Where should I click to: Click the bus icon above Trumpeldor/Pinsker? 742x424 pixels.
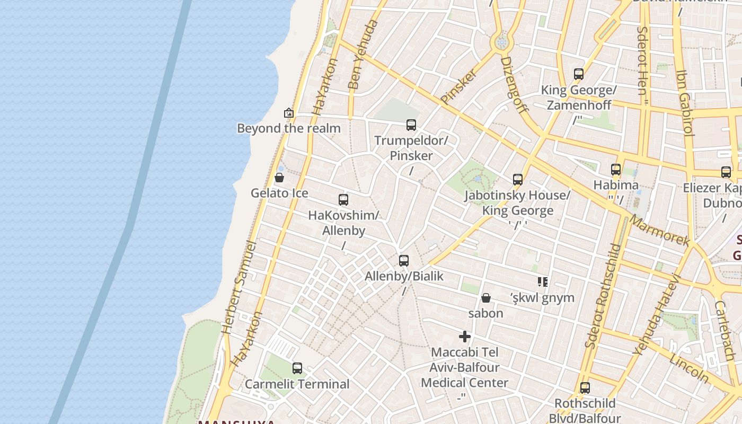(x=411, y=125)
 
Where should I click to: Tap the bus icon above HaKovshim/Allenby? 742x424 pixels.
(x=343, y=200)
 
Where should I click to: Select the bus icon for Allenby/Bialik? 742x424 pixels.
(x=404, y=261)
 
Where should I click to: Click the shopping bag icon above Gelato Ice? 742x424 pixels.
(x=279, y=178)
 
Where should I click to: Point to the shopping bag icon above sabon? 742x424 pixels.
(x=485, y=298)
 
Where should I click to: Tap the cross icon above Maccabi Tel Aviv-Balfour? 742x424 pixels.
(x=465, y=337)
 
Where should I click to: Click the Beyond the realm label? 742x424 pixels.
(x=288, y=128)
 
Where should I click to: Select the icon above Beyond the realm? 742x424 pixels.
(x=289, y=113)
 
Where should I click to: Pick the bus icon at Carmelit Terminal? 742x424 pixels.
(x=297, y=368)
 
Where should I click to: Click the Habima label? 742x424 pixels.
(x=616, y=185)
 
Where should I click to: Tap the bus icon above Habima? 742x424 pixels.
(x=616, y=170)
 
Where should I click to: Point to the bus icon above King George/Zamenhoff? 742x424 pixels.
(x=579, y=74)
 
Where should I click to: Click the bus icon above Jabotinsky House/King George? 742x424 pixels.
(x=518, y=180)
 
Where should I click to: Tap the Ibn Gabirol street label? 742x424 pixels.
(x=685, y=103)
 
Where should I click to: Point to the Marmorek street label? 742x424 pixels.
(x=660, y=231)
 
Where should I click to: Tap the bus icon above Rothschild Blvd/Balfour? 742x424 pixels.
(x=585, y=388)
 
